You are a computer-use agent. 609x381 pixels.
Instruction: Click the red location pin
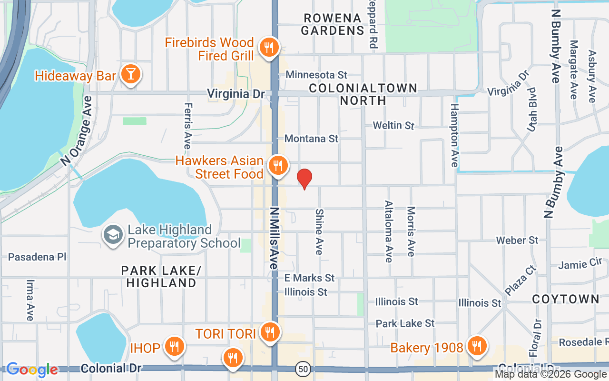click(304, 179)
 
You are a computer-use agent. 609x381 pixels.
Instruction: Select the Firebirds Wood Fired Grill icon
click(269, 48)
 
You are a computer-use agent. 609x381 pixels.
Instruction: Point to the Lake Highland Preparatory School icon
click(113, 235)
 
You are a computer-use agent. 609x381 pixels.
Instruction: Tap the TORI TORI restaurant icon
click(270, 332)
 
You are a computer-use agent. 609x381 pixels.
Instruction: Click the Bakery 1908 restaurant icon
click(476, 346)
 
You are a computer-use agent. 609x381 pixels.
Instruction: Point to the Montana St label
click(311, 139)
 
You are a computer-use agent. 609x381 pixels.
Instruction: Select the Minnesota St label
click(316, 75)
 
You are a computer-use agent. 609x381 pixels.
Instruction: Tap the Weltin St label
click(393, 125)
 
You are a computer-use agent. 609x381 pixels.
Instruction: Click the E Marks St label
click(309, 278)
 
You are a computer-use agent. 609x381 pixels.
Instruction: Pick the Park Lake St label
click(405, 323)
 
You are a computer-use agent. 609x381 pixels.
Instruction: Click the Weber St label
click(517, 240)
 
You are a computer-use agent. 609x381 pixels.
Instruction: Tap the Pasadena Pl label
click(37, 257)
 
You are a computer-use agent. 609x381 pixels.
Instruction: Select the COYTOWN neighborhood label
click(566, 299)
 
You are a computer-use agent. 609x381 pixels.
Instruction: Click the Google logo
click(32, 370)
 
